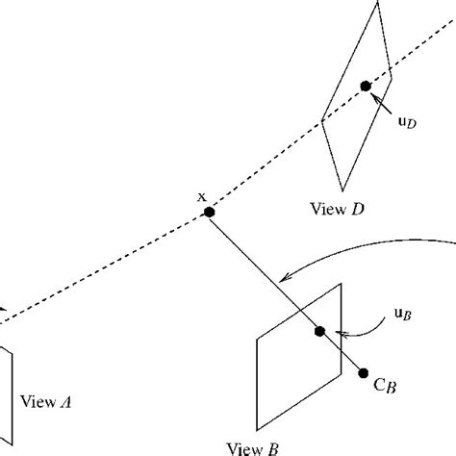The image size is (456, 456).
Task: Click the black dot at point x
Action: [x=208, y=214]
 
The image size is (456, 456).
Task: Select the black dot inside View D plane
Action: [x=365, y=87]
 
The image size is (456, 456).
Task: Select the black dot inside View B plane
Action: [x=320, y=331]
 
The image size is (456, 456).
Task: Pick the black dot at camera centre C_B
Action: [x=364, y=373]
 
